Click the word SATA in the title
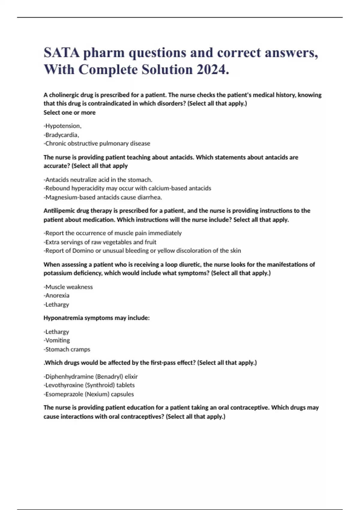[61, 53]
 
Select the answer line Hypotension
[62, 126]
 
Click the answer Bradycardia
[61, 135]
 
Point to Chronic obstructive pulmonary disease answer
[97, 143]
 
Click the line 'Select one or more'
[70, 112]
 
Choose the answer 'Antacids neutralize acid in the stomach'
[98, 180]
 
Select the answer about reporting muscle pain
[113, 233]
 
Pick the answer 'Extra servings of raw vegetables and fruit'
[100, 242]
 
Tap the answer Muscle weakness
[68, 287]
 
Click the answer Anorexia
[57, 295]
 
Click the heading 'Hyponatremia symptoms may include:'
[97, 318]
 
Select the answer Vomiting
[57, 340]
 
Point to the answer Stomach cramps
[67, 349]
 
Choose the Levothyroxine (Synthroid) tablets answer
[89, 385]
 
